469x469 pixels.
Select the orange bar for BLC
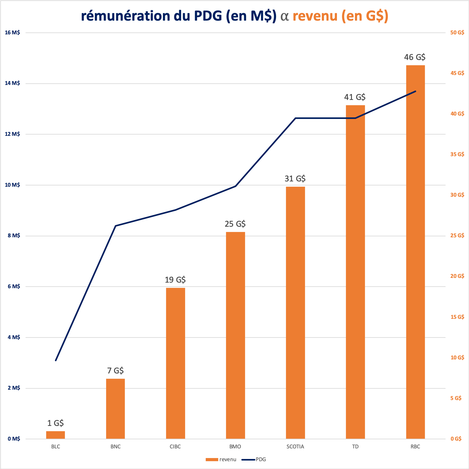click(56, 435)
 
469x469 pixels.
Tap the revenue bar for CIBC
click(175, 363)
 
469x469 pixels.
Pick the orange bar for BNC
click(116, 409)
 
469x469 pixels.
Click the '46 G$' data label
click(415, 57)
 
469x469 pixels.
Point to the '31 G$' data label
click(295, 179)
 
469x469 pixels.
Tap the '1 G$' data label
click(56, 423)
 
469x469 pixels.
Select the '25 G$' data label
click(235, 224)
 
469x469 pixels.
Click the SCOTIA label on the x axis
click(295, 447)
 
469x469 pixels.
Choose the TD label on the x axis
click(355, 447)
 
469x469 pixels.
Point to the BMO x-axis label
click(235, 447)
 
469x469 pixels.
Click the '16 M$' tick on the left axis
click(12, 32)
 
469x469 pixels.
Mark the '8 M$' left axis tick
click(14, 235)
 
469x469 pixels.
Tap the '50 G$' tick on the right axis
click(457, 32)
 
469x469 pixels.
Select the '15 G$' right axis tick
click(457, 317)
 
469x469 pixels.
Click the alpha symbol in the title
click(284, 16)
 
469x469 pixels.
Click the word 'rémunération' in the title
click(126, 16)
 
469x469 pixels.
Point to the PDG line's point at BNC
click(116, 225)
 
